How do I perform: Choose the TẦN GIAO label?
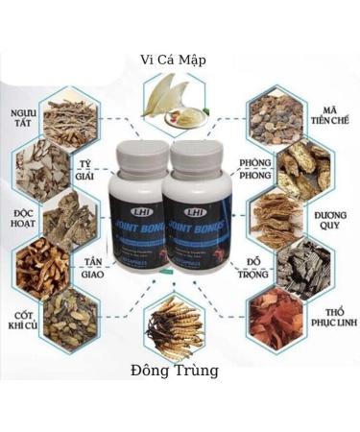pos(92,266)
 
